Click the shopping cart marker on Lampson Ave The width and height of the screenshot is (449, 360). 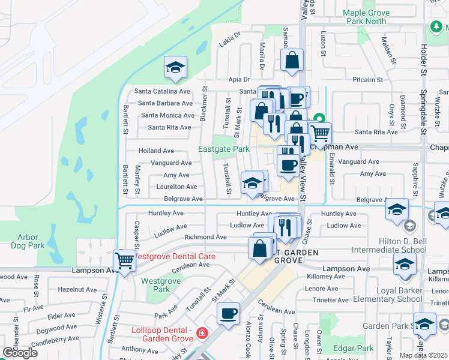[x=124, y=262]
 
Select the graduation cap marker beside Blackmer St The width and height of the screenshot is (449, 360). [x=175, y=68]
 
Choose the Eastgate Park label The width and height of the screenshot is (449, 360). [x=224, y=149]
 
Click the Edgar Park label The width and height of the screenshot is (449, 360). [x=357, y=348]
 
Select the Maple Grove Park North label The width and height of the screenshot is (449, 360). [x=372, y=17]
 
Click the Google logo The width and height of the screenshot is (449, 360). [x=20, y=352]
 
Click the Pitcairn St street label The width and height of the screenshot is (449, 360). [x=368, y=79]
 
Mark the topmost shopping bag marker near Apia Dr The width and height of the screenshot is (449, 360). [x=292, y=61]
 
